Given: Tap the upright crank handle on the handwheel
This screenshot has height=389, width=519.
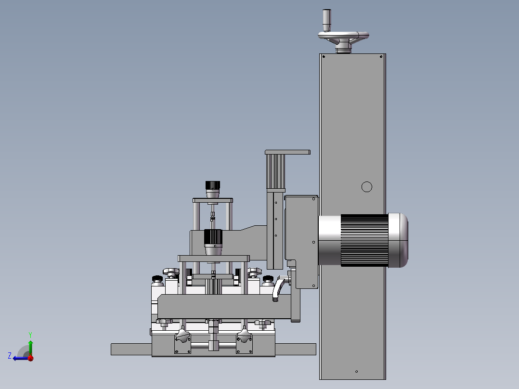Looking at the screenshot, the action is coord(327,20).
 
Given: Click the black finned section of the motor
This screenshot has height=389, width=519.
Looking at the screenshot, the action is coord(364,240).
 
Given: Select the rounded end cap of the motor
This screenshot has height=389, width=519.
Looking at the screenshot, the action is coord(398,240).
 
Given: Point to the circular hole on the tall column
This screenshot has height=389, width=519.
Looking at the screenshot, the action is coord(367,187).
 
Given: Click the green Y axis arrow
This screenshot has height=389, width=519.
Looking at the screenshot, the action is coord(30,344).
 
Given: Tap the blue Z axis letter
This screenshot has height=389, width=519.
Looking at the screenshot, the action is coord(10,356).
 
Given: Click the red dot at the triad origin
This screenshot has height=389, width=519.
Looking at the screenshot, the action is coord(31,358).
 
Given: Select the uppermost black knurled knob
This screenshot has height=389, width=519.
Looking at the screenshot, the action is coord(212,185).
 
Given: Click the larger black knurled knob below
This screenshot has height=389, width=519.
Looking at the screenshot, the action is coord(213,237).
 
